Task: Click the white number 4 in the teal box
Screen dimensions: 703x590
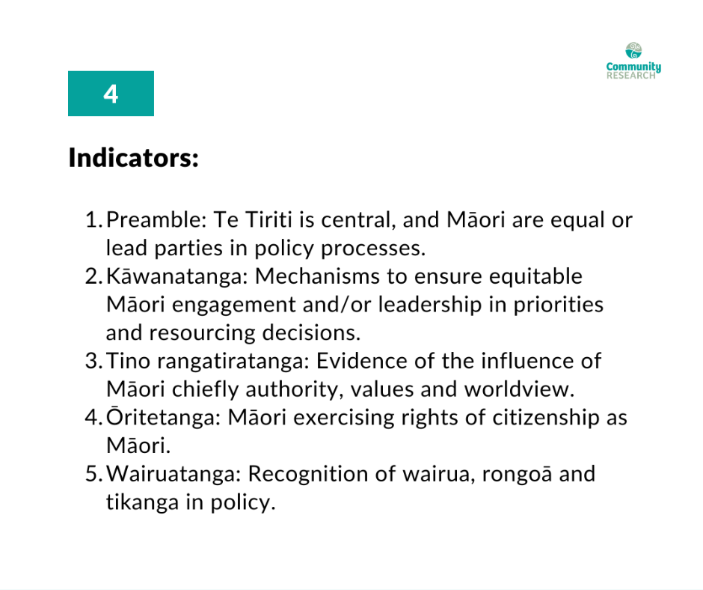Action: pyautogui.click(x=111, y=94)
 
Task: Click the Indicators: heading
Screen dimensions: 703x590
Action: pyautogui.click(x=134, y=158)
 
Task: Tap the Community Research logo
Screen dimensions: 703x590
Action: pyautogui.click(x=633, y=61)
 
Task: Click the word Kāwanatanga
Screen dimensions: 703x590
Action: pyautogui.click(x=176, y=276)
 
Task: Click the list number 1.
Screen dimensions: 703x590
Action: pyautogui.click(x=92, y=220)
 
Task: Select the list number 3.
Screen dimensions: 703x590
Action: pyautogui.click(x=92, y=362)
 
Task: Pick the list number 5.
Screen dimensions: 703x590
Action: pyautogui.click(x=92, y=474)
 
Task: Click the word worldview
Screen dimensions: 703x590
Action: pyautogui.click(x=519, y=389)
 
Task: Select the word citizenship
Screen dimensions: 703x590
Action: pyautogui.click(x=546, y=418)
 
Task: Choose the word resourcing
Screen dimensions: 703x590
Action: pyautogui.click(x=202, y=333)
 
